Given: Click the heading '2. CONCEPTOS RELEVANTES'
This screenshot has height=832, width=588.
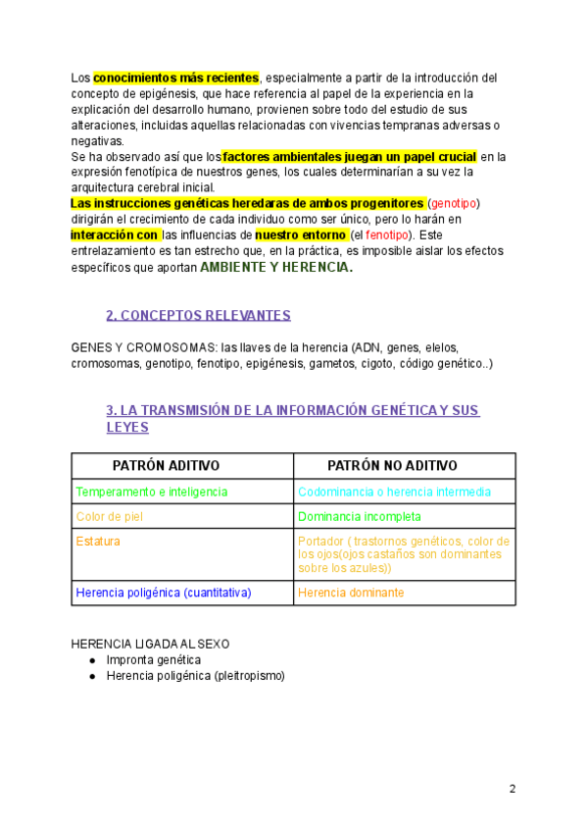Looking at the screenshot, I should (x=198, y=315).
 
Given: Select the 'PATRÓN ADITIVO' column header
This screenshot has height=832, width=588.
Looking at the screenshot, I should (x=166, y=465).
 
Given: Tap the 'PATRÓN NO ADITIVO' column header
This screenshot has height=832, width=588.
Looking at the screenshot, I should (x=392, y=465).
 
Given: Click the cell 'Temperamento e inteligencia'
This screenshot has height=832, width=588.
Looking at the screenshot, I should (x=152, y=492).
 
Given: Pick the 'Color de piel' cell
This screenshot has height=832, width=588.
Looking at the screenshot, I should (x=109, y=516).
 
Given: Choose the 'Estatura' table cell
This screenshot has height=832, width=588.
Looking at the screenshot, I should (x=99, y=541).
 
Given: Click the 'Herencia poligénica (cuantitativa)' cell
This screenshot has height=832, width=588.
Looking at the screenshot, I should (x=164, y=593).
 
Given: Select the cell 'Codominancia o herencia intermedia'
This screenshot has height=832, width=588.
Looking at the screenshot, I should (x=394, y=492).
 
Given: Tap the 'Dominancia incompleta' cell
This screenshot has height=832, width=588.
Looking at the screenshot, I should (x=360, y=516).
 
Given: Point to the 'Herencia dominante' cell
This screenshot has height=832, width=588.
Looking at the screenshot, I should (x=351, y=593).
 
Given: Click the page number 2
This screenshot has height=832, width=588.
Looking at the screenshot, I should (x=513, y=789).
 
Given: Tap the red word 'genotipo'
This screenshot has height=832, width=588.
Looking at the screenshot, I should (x=454, y=202).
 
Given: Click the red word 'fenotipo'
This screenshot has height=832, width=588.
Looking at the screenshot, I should (x=390, y=235).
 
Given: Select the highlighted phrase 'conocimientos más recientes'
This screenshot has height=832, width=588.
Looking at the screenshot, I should (x=176, y=77).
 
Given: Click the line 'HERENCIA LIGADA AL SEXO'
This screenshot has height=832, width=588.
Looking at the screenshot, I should (x=150, y=644).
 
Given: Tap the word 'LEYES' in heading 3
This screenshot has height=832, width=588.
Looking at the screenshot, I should (x=127, y=427).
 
